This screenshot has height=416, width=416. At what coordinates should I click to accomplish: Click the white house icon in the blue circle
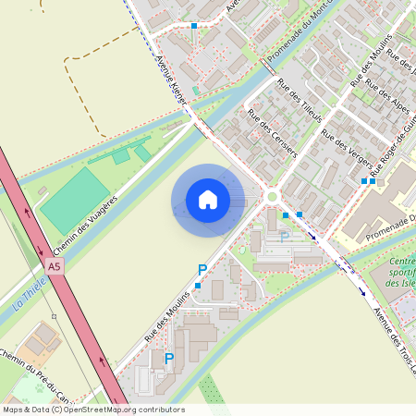click(x=208, y=200)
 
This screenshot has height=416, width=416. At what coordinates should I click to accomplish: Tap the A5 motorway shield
click(x=54, y=266)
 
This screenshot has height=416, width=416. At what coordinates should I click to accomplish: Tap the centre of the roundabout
click(x=273, y=195)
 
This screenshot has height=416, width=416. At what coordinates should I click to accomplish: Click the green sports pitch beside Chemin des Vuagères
click(x=75, y=200)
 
